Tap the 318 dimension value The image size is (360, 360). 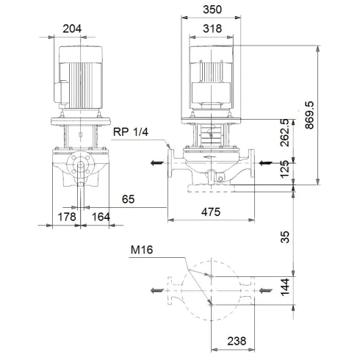pos(212,29)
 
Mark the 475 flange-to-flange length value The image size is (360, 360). pos(212,212)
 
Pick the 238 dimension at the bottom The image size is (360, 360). pos(235,342)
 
